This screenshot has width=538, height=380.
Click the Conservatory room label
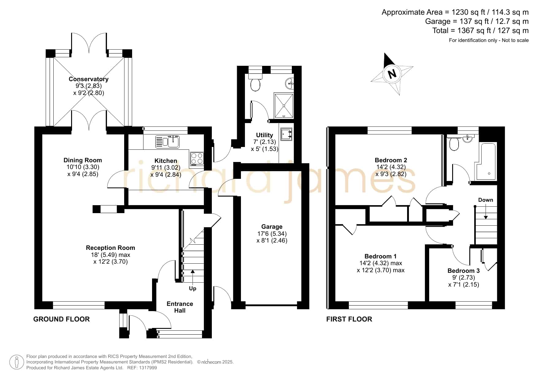(x=89, y=79)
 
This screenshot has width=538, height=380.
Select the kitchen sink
(x=167, y=142)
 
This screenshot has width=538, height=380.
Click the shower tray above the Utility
(x=284, y=106)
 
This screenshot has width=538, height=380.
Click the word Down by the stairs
(x=486, y=200)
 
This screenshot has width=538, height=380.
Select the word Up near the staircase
(x=193, y=288)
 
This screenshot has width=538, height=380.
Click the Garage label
(x=272, y=227)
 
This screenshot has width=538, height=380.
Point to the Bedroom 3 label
(x=464, y=271)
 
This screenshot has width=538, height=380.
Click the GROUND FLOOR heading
(x=61, y=319)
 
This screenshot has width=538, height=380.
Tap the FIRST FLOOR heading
(x=349, y=319)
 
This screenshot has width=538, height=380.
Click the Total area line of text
(x=480, y=31)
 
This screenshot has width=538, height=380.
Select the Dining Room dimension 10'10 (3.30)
(x=83, y=167)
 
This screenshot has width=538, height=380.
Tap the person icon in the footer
(x=17, y=362)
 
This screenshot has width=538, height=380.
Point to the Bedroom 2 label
(x=391, y=160)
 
